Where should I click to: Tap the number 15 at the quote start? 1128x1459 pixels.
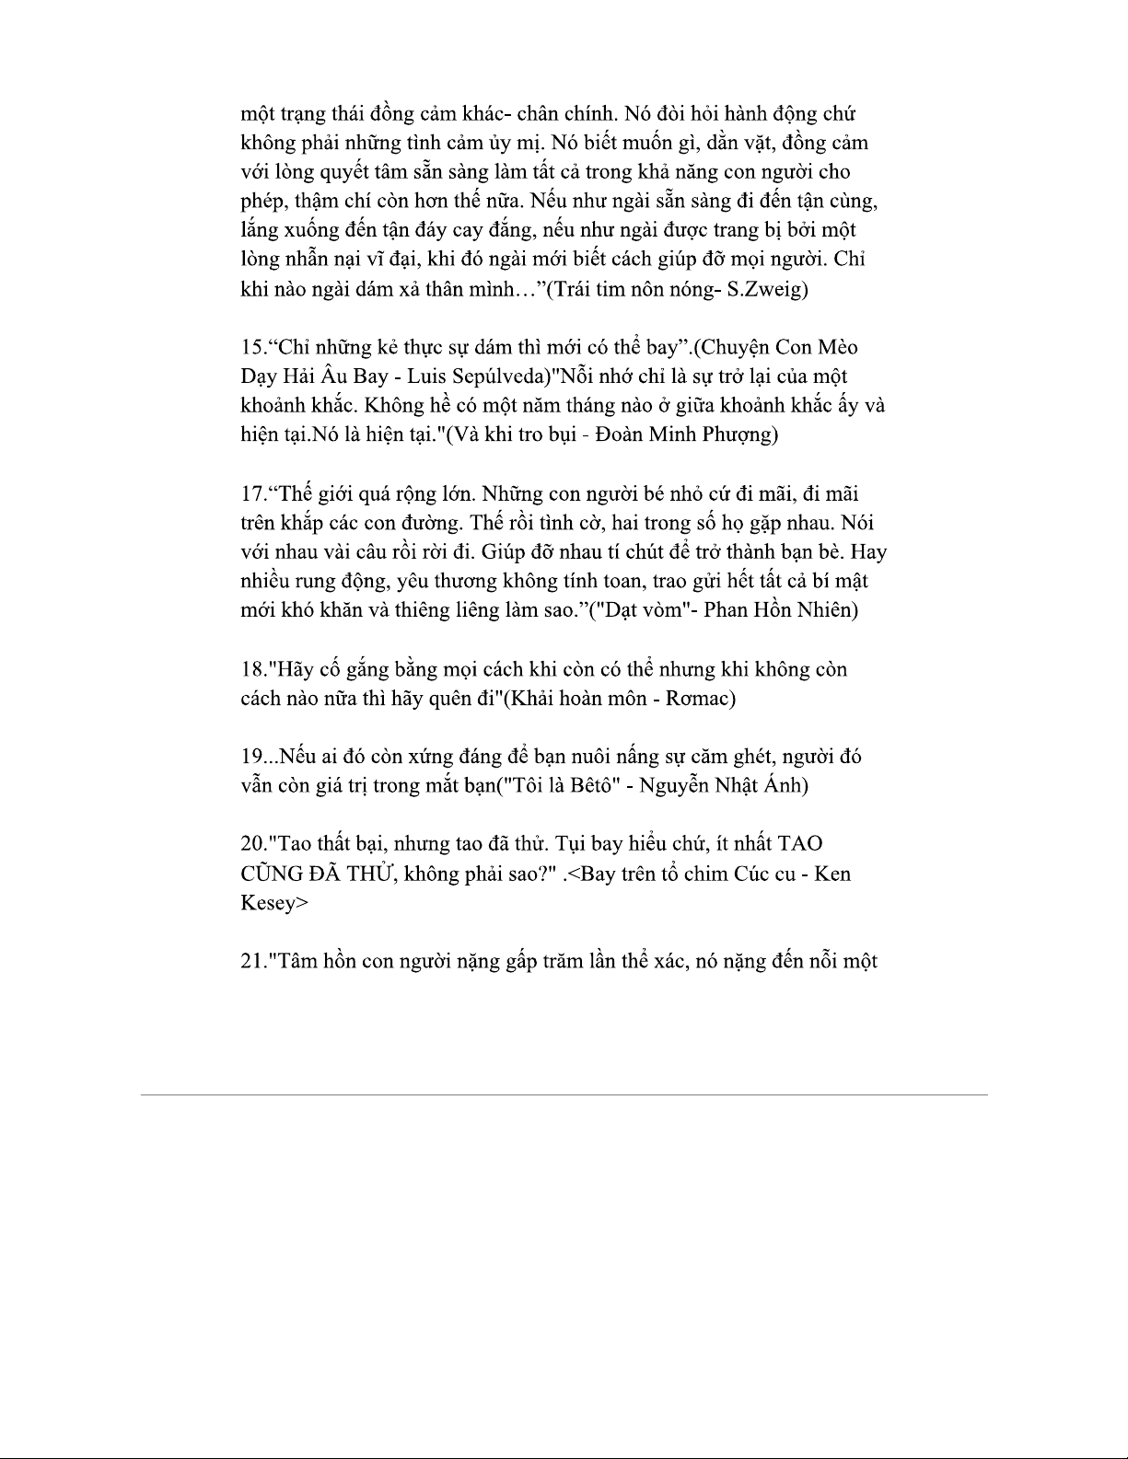point(251,348)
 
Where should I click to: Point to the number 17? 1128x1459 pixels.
point(251,494)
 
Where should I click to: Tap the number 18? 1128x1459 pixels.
point(251,669)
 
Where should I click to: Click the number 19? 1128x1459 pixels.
point(251,757)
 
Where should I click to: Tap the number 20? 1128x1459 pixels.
point(251,844)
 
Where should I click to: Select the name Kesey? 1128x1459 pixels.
point(268,903)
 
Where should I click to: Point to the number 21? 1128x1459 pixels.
point(251,962)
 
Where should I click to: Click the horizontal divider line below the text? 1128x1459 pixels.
point(564,1094)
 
